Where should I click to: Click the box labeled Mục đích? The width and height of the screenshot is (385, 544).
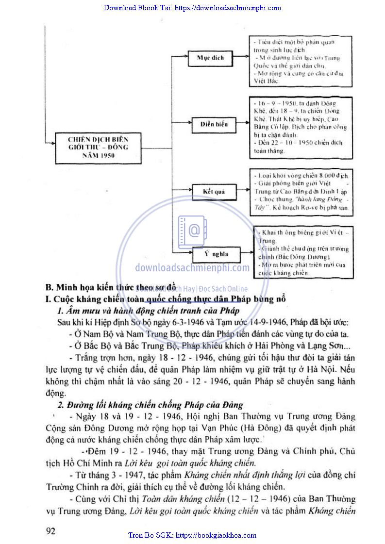[210, 58]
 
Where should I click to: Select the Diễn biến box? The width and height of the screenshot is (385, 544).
[214, 124]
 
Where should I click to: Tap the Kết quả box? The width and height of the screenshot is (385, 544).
[214, 192]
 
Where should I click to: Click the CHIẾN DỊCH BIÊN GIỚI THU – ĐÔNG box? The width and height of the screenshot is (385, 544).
[98, 144]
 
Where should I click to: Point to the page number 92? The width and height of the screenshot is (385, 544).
[50, 530]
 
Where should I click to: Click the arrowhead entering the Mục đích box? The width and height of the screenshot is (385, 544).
[185, 58]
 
